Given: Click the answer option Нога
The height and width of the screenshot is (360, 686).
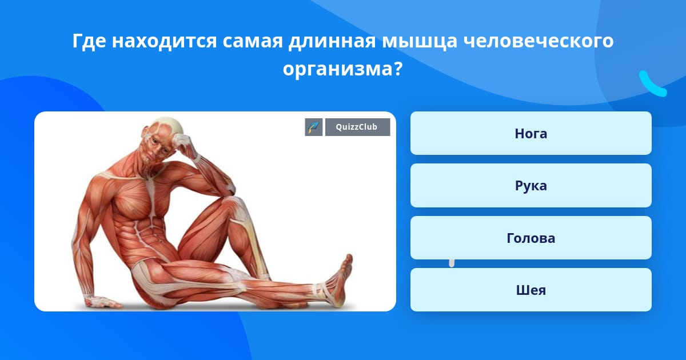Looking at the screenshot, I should pos(531,133).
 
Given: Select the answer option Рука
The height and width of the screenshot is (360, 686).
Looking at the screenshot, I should pos(531,186).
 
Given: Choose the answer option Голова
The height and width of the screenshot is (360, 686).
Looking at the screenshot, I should pos(531,238).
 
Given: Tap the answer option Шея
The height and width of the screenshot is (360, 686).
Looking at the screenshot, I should pos(531,290).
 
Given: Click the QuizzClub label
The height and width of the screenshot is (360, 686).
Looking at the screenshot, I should pos(357,127).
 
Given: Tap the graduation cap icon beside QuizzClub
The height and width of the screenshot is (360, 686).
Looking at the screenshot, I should pos(314,127).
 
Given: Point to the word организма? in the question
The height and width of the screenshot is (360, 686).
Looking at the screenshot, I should pos(342,70).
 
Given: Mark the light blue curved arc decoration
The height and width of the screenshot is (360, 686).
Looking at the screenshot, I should pos(652,85).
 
